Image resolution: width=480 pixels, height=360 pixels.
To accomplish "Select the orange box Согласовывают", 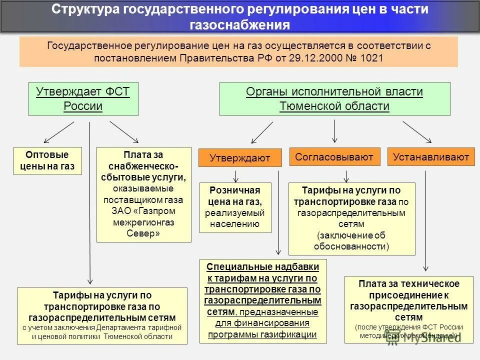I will tap(334, 157).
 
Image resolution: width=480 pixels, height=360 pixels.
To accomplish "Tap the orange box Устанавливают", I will tap(431, 157).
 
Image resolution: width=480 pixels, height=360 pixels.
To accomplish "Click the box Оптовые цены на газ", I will tap(47, 160).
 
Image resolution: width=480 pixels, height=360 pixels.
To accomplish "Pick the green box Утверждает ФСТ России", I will tap(83, 99).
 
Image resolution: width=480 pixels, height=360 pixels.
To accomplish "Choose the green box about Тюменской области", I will tap(334, 99).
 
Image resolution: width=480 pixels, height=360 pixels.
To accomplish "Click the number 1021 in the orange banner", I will tap(371, 58).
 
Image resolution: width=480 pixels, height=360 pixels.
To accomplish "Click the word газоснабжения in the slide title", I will tap(240, 25).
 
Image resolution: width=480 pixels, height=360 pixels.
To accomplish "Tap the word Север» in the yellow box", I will tap(143, 233).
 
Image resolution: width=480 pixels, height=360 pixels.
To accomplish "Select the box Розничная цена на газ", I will tap(235, 207).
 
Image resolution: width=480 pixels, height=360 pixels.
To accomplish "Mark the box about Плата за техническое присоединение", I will tap(409, 309).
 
